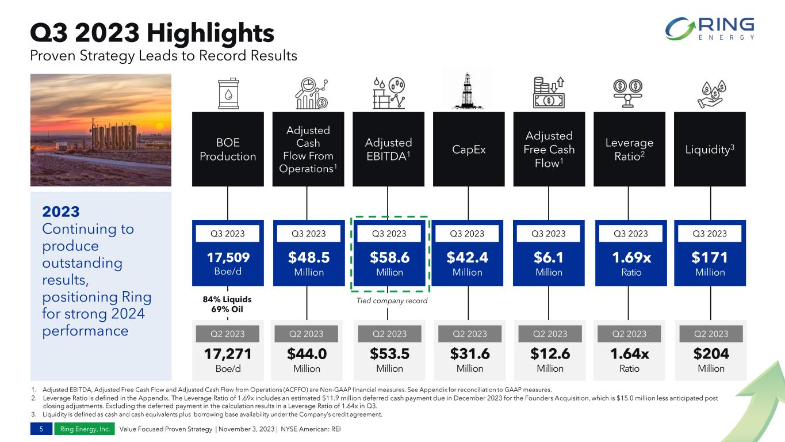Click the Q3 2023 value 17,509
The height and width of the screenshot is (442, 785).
click(228, 257)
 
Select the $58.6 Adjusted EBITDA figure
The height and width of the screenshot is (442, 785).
click(389, 257)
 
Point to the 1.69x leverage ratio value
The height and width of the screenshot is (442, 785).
click(631, 257)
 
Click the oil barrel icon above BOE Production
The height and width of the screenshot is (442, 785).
click(228, 93)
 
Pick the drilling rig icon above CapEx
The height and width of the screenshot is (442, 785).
click(469, 90)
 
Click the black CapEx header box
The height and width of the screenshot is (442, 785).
click(469, 149)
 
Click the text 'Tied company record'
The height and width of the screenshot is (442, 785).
click(389, 300)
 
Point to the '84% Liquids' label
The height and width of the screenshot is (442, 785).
click(228, 299)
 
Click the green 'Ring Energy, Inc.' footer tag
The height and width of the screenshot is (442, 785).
click(83, 429)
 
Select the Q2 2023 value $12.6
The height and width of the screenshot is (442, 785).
click(550, 353)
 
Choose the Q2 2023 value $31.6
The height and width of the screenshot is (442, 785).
click(469, 353)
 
